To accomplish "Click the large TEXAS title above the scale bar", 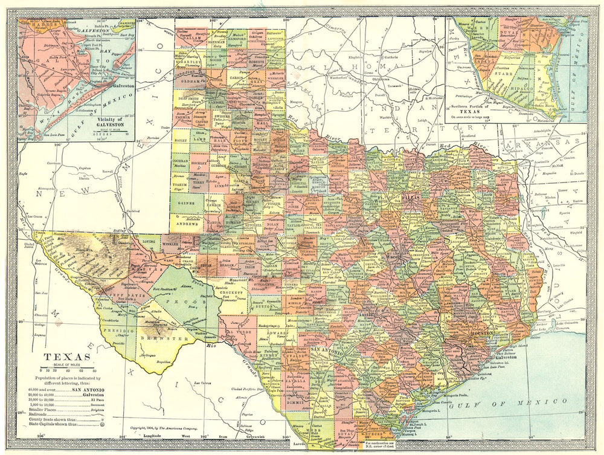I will point(66,357).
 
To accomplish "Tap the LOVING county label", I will point(148,241).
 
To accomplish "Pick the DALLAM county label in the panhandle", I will point(191,37).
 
